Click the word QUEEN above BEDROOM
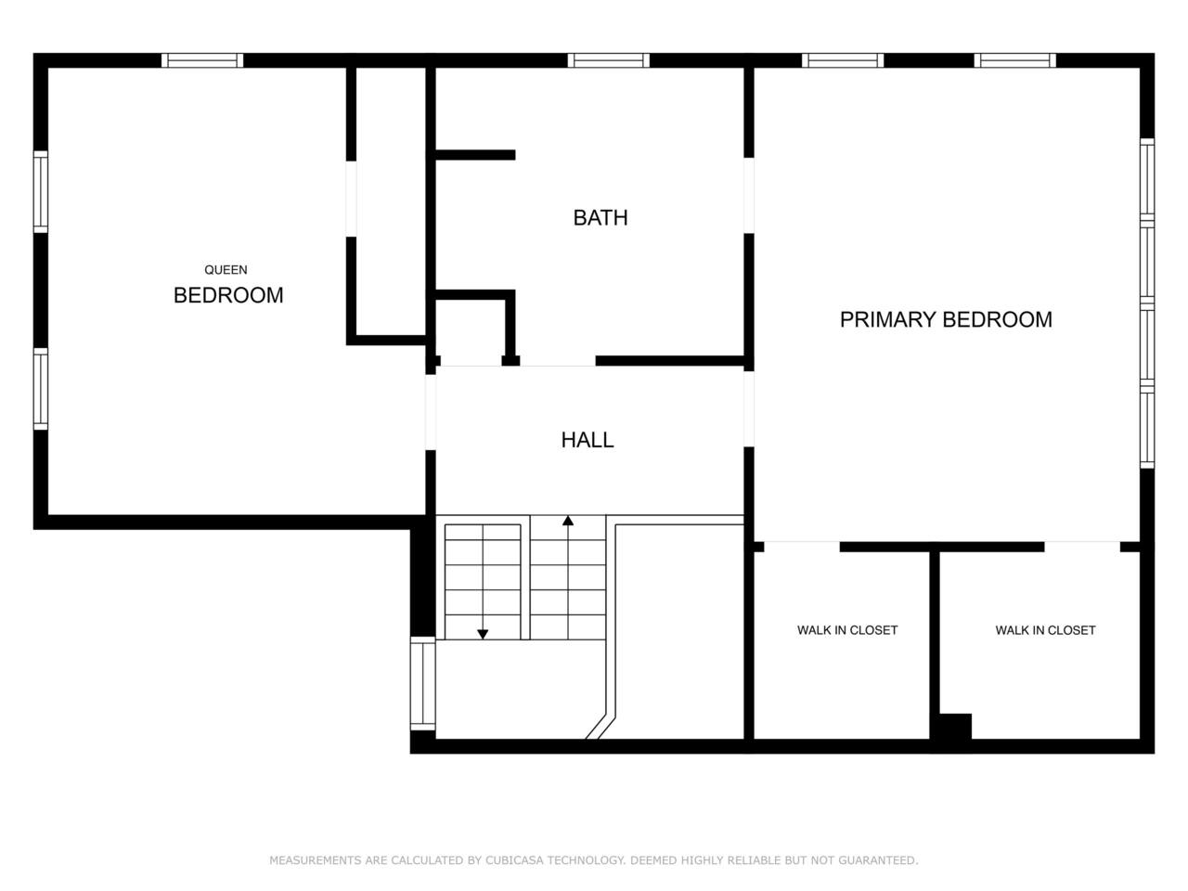tap(226, 269)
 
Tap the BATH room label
tap(600, 217)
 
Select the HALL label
tap(588, 440)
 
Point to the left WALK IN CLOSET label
tap(847, 629)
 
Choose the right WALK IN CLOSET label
tap(1045, 629)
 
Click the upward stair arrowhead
tap(568, 521)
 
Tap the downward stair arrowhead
tap(483, 634)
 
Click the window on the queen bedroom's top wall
tap(202, 60)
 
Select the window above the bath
tap(608, 60)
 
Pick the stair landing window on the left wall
tap(422, 683)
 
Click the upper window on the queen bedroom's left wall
tap(41, 191)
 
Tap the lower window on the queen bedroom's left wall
tap(41, 389)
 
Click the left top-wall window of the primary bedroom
tap(843, 60)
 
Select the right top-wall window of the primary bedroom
tap(1014, 60)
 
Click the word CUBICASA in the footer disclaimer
tap(515, 859)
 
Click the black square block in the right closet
tap(955, 727)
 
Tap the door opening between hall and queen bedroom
tap(431, 412)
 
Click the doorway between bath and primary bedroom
tap(748, 195)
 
